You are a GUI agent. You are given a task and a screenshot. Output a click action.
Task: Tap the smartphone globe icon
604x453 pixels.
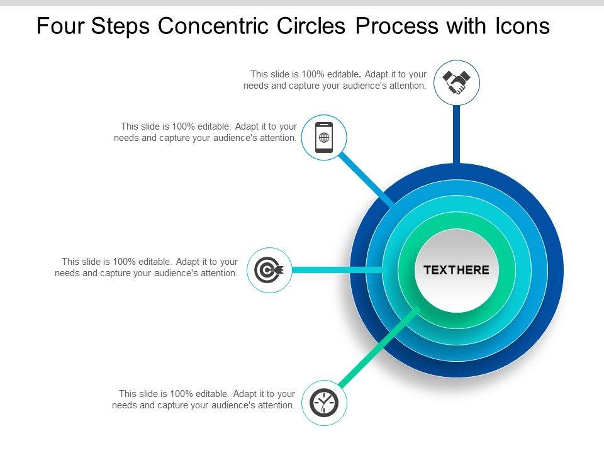pyautogui.click(x=324, y=137)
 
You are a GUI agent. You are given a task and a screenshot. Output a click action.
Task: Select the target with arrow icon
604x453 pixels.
pyautogui.click(x=269, y=271)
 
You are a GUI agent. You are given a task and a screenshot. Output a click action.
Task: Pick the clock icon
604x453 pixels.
pyautogui.click(x=324, y=403)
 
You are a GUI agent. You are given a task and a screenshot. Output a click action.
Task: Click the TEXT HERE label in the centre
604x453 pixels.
pyautogui.click(x=456, y=271)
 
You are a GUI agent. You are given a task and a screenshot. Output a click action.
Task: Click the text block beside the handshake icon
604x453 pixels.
pyautogui.click(x=335, y=80)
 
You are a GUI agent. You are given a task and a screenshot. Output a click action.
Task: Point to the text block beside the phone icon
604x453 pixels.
pyautogui.click(x=205, y=132)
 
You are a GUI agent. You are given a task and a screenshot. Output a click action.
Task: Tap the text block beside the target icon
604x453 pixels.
pyautogui.click(x=147, y=267)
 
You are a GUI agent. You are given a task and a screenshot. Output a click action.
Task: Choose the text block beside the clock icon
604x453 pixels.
pyautogui.click(x=204, y=400)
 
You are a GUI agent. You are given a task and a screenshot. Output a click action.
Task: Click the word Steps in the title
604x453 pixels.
pyautogui.click(x=123, y=26)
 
